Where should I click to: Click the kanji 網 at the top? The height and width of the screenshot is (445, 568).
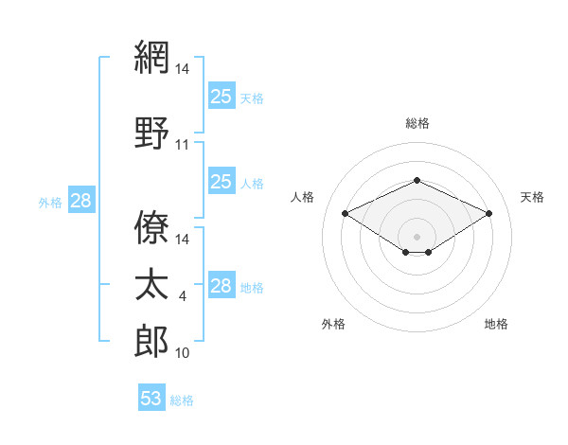click(151, 57)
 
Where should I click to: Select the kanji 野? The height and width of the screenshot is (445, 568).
click(151, 133)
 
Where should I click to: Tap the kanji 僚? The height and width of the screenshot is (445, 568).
click(151, 227)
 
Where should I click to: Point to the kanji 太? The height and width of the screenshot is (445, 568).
click(151, 284)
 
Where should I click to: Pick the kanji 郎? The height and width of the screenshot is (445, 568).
click(151, 341)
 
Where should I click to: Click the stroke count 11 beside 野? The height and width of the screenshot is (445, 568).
click(182, 145)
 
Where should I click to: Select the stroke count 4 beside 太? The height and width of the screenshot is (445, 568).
click(182, 296)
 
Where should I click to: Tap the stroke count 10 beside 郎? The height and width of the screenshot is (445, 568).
click(182, 353)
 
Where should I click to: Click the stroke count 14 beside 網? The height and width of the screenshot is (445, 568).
click(182, 69)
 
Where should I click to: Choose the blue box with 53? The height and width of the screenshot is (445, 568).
click(151, 397)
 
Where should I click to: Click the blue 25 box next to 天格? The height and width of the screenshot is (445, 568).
click(222, 96)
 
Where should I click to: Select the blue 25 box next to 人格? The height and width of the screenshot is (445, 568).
click(222, 181)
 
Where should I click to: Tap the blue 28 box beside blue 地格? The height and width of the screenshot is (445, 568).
click(222, 284)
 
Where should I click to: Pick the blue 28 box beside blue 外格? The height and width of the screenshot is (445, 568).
click(81, 200)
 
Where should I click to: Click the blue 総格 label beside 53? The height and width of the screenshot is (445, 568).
click(182, 400)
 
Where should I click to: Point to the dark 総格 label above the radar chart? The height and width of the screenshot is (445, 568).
click(417, 123)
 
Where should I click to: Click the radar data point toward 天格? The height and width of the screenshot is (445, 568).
click(488, 213)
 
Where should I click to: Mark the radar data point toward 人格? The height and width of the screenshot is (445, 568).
click(346, 213)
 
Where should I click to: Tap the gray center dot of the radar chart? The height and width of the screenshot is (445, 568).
click(417, 237)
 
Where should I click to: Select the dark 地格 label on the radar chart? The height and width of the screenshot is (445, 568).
click(496, 324)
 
